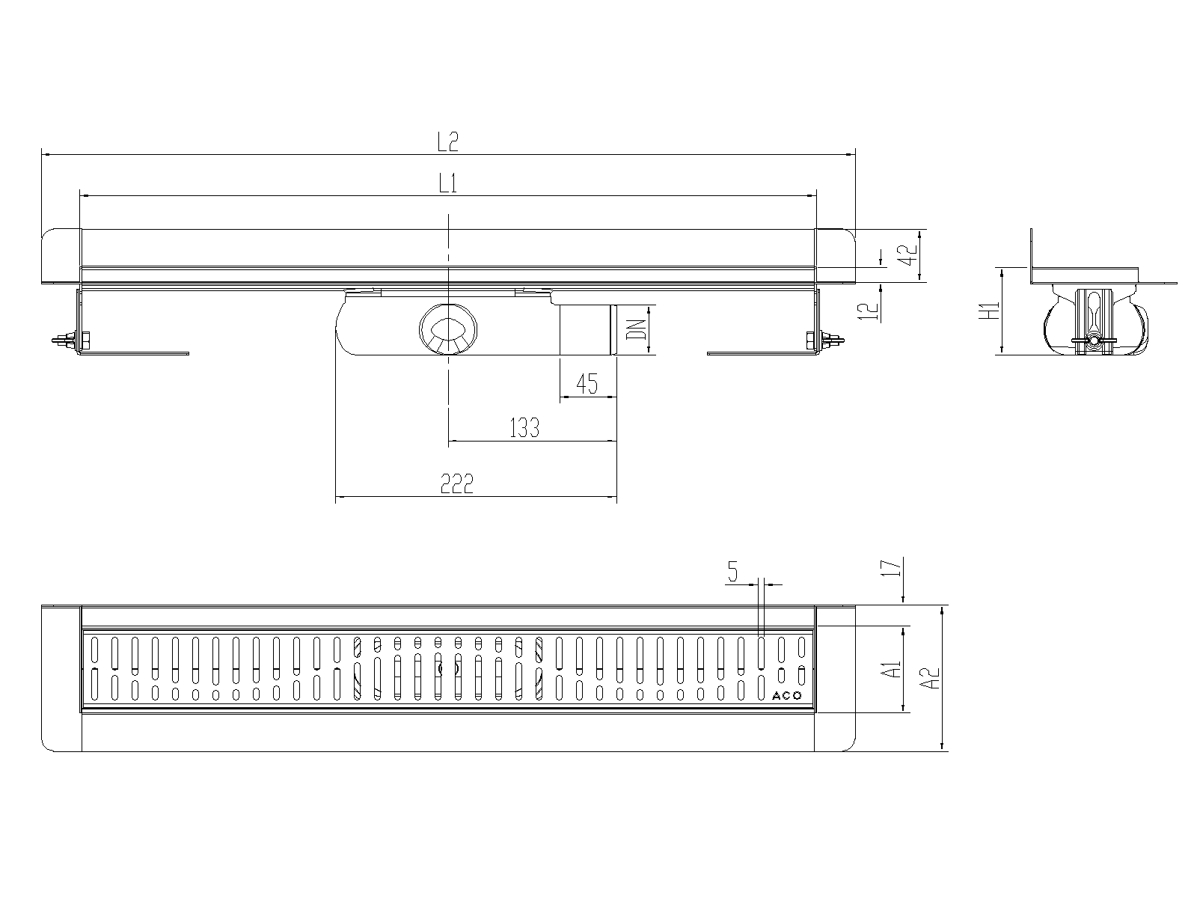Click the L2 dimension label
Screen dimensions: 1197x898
pyautogui.click(x=447, y=141)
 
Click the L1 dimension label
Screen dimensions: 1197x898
pyautogui.click(x=447, y=183)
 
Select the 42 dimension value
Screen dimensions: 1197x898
pyautogui.click(x=908, y=254)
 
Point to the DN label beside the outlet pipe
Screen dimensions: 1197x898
pyautogui.click(x=636, y=330)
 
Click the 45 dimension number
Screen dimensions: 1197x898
pyautogui.click(x=587, y=384)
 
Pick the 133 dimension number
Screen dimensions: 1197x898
pyautogui.click(x=524, y=428)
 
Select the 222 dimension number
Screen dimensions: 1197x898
pyautogui.click(x=457, y=483)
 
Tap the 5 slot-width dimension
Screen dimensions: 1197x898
pyautogui.click(x=732, y=572)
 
